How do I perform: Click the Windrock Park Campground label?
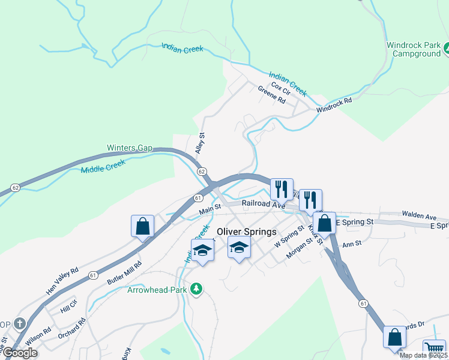click(x=414, y=49)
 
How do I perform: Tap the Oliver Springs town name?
click(x=246, y=232)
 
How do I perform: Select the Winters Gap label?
click(x=130, y=148)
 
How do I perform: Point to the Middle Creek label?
click(x=103, y=166)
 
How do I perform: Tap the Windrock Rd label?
click(x=334, y=106)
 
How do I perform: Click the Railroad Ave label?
click(x=263, y=204)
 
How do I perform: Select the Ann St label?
click(x=352, y=244)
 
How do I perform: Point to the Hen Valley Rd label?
click(x=62, y=281)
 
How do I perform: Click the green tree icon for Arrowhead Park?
click(x=196, y=290)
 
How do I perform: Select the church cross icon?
click(x=20, y=324)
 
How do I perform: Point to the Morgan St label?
click(x=300, y=249)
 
